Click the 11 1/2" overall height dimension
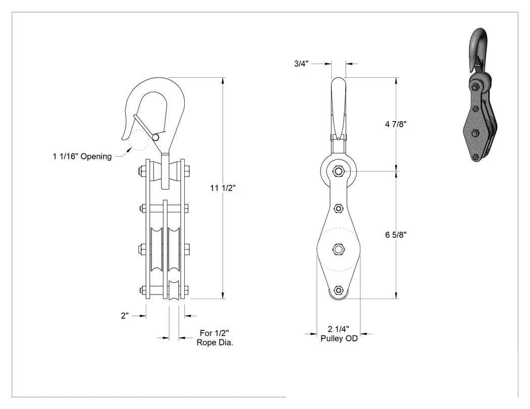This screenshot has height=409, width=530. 223,188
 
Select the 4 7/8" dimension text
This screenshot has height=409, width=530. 395,124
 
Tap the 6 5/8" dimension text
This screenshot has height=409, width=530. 395,235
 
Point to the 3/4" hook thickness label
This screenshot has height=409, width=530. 301,64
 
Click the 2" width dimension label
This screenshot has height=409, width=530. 125,316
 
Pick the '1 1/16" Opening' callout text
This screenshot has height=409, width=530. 82,156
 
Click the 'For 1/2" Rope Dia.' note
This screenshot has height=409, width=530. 215,338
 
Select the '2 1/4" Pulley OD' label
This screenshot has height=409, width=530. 339,334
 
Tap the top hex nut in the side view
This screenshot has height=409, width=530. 338,171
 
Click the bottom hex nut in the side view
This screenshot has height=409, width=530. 338,290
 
